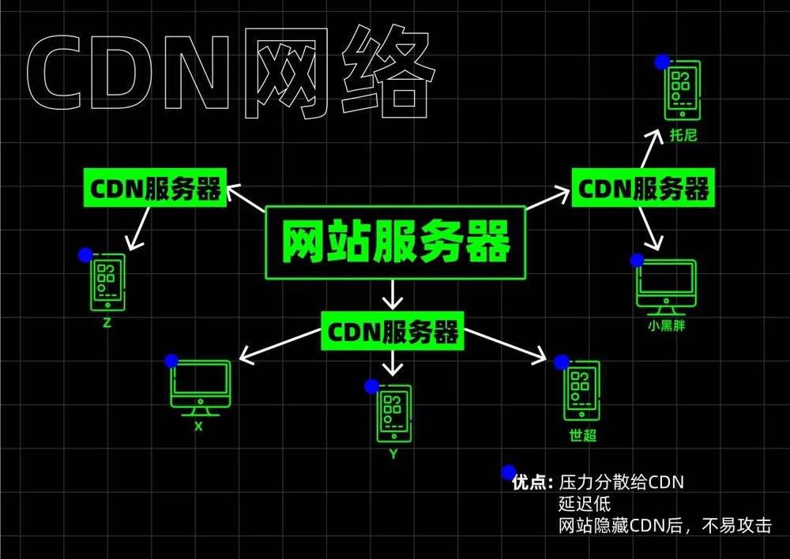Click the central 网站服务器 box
396,242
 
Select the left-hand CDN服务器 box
155,188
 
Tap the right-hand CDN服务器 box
643,187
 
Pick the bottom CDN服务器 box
393,331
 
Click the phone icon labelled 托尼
683,91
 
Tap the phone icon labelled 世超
581,390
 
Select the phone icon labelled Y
393,414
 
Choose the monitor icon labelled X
201,388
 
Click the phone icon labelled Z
107,282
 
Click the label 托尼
683,135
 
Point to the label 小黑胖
666,325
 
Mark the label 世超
583,434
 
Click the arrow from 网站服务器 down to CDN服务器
393,295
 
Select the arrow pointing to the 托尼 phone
651,148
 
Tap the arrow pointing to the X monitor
280,345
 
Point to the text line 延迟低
585,504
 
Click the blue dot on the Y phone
372,386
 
